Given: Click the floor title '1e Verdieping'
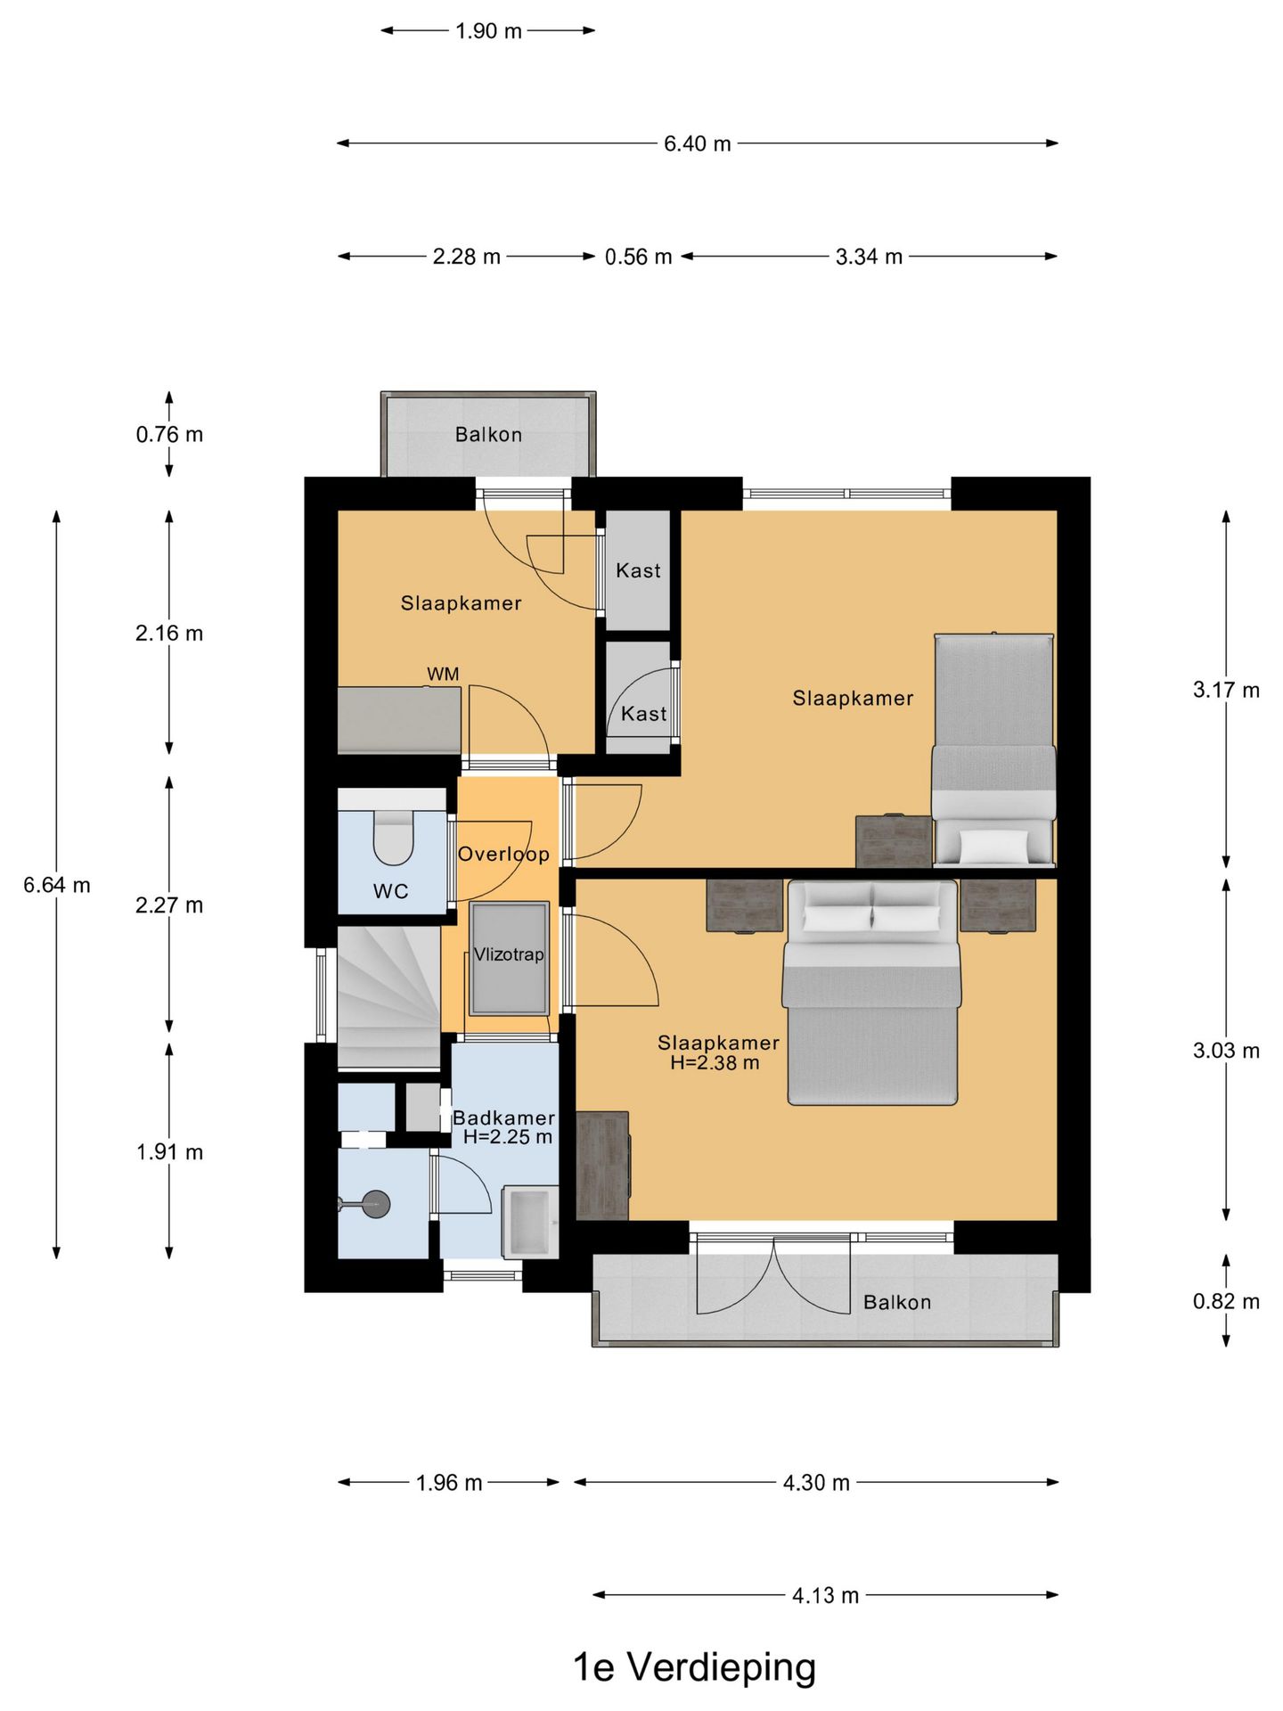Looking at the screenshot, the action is (694, 1666).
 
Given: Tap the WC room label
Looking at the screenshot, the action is (391, 891).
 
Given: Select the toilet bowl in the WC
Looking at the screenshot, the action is (393, 837).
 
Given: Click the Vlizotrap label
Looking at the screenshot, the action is (509, 954).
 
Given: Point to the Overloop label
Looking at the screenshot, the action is (503, 854).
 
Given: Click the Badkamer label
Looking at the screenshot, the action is (503, 1117).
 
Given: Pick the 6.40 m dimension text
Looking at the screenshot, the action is (698, 143).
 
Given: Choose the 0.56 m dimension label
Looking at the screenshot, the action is (638, 257).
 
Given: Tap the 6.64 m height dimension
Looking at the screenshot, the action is (57, 885).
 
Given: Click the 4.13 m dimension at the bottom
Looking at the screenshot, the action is (826, 1595).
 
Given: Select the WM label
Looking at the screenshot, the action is (443, 674).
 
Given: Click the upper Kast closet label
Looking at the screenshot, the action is (639, 570).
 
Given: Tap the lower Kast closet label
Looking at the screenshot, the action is (643, 714).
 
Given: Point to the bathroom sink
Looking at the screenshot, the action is (530, 1222).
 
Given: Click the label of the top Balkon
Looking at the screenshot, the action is (488, 435).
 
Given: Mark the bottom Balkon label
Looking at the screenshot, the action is (897, 1302).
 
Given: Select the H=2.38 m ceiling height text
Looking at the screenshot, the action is (715, 1062).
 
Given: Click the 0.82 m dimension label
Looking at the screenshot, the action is (1226, 1301).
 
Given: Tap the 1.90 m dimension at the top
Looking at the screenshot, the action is (488, 31).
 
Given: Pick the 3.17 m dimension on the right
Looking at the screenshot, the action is (1226, 690).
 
